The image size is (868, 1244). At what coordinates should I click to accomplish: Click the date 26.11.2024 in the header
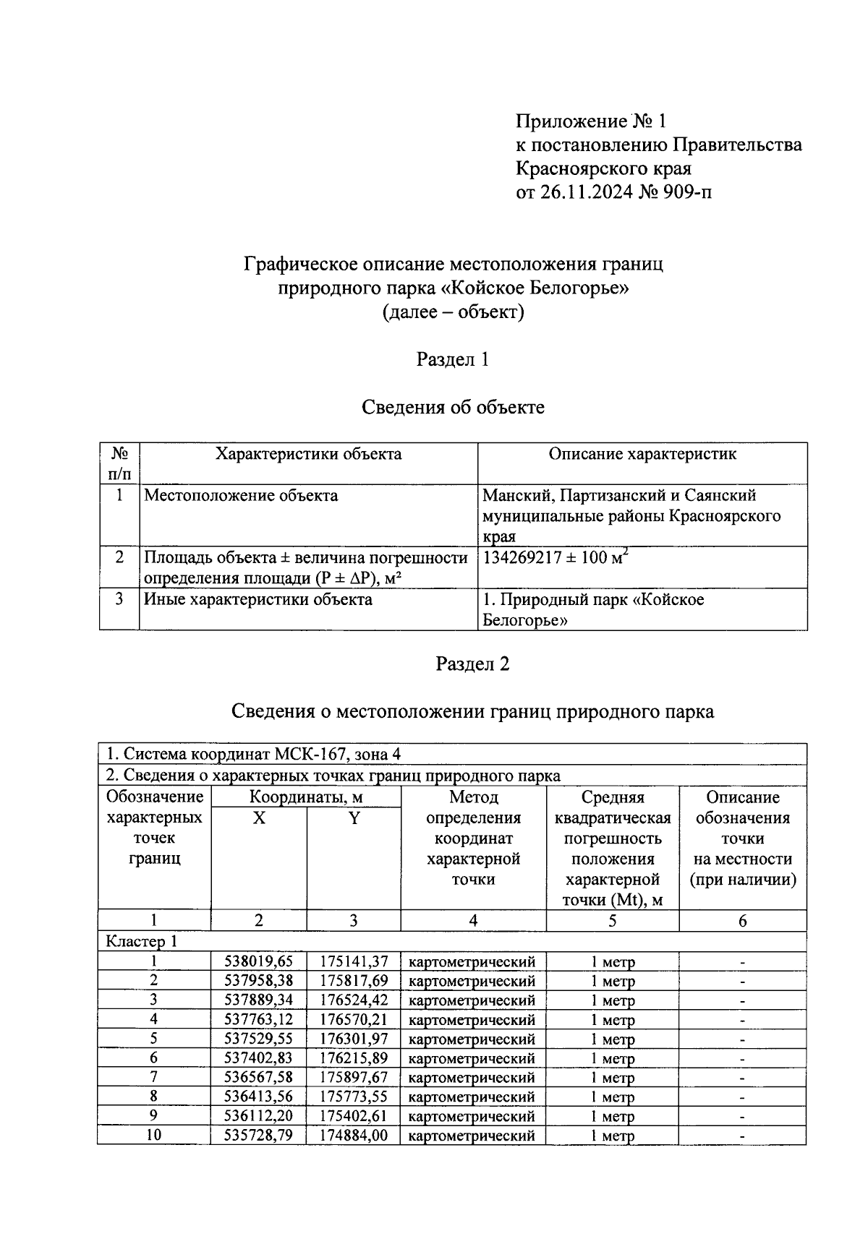tap(586, 192)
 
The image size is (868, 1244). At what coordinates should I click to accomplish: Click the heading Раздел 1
tap(453, 359)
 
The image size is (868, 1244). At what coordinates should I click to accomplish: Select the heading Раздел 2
tap(472, 664)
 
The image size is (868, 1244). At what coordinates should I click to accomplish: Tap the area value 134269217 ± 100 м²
tap(555, 558)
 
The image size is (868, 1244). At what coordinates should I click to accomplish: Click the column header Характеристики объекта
tap(308, 454)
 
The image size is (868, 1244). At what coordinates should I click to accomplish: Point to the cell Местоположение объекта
tap(241, 496)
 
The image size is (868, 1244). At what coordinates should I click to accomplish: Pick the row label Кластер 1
tap(141, 941)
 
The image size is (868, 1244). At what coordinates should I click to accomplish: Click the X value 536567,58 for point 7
tap(259, 1078)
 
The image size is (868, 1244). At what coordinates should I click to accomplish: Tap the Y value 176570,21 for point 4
tap(354, 1020)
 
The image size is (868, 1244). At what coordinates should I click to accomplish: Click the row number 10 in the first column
tap(153, 1135)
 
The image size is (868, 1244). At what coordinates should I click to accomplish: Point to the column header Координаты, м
tap(306, 797)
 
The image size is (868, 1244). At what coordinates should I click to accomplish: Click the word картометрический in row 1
tap(472, 962)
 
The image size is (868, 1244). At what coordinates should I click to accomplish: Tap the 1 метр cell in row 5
tap(612, 1039)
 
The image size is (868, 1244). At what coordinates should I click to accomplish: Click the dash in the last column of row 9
tap(742, 1117)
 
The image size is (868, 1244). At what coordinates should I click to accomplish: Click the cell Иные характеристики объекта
tap(258, 599)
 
